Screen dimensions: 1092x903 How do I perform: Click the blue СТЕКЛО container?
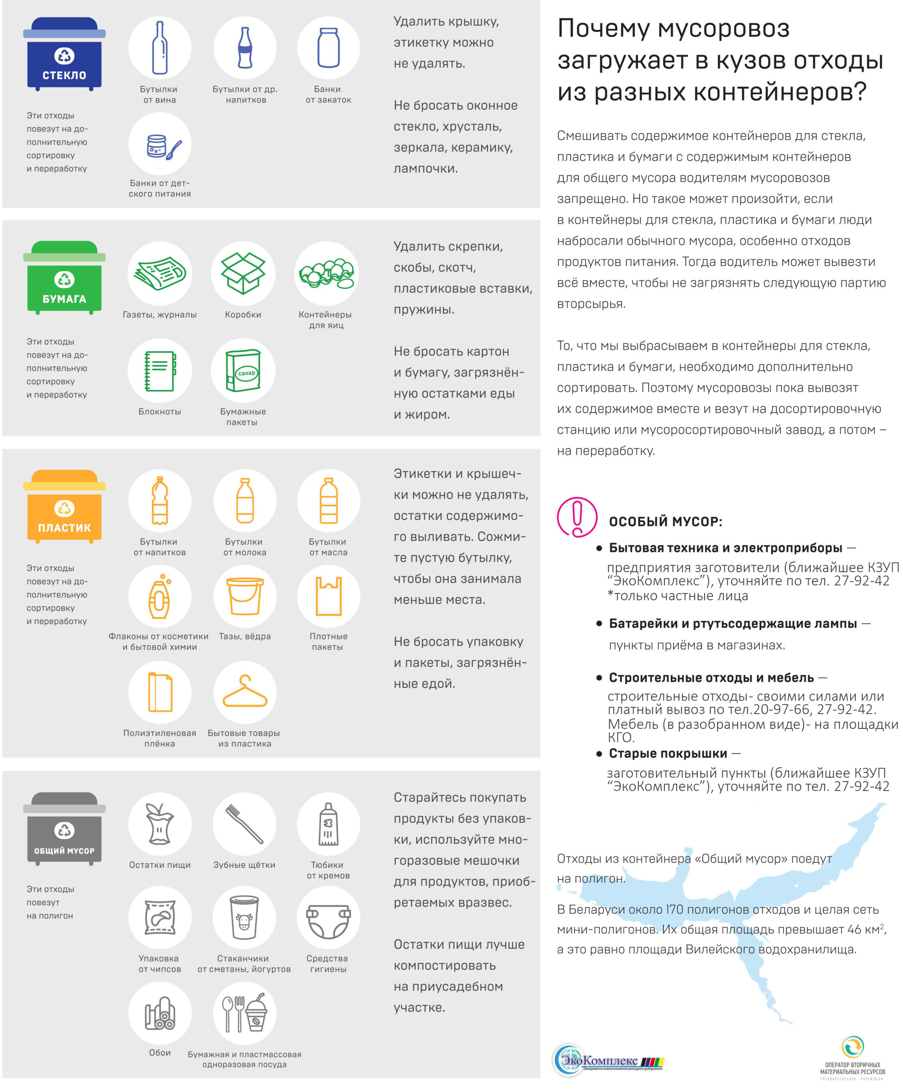[x=64, y=55]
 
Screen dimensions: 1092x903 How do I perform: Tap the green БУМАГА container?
[x=64, y=278]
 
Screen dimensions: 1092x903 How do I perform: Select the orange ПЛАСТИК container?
[x=64, y=507]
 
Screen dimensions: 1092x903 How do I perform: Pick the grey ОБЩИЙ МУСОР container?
[x=64, y=829]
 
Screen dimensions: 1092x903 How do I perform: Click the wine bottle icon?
[x=160, y=48]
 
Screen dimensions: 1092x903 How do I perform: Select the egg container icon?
[x=326, y=273]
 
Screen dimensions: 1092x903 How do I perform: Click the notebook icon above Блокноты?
[x=160, y=371]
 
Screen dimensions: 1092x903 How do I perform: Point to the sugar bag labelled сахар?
[x=243, y=371]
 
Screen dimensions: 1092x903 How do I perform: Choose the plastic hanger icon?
[x=244, y=693]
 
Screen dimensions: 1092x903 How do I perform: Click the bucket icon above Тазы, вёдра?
[x=244, y=596]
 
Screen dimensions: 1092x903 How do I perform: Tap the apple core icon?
[x=160, y=824]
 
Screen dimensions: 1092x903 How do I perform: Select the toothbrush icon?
[x=244, y=824]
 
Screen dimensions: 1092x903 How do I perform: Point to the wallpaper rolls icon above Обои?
[x=160, y=1013]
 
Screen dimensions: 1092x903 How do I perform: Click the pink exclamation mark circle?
[x=577, y=517]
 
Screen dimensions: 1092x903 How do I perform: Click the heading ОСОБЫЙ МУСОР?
[x=665, y=522]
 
